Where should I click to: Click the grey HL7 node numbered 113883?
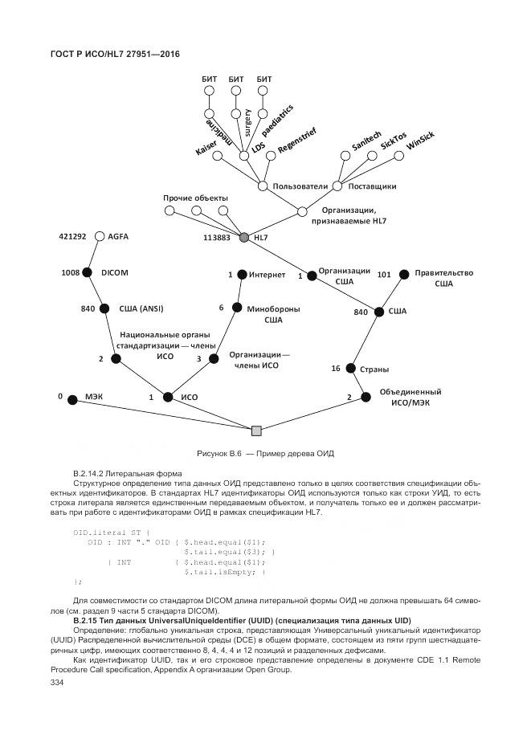click(x=244, y=238)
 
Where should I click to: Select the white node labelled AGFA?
click(x=100, y=236)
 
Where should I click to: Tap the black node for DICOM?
click(x=87, y=273)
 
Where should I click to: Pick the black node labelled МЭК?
click(x=72, y=398)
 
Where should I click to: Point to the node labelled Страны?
click(x=350, y=369)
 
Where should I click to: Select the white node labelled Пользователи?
click(x=263, y=186)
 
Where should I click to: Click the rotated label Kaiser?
click(x=206, y=144)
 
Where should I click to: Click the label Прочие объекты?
click(x=195, y=198)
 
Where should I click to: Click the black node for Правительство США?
click(x=405, y=274)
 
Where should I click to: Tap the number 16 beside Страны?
click(x=337, y=369)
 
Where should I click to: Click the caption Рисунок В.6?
click(x=219, y=454)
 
